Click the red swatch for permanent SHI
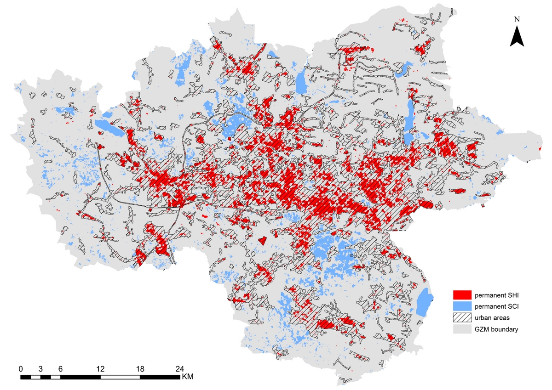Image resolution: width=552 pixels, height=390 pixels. pos(462,294)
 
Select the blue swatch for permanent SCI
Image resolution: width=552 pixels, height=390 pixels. pos(462,305)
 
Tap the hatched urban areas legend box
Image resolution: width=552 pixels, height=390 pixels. pos(462,317)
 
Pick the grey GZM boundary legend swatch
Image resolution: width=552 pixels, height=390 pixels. pos(462,329)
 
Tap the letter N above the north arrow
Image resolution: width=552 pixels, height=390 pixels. pos(517,19)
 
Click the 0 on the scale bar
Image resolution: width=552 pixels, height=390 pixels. pos(21,369)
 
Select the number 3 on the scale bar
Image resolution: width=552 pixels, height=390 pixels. pos(40,369)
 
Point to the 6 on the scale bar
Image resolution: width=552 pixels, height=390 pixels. pos(60,369)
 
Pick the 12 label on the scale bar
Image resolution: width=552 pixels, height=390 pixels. pos(100,369)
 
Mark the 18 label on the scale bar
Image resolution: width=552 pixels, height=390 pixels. pos(140,369)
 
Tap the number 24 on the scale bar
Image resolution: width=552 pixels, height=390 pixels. pos(180,369)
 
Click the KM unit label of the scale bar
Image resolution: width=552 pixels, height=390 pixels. pos(188,377)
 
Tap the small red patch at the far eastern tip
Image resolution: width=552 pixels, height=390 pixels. pos(540,149)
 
